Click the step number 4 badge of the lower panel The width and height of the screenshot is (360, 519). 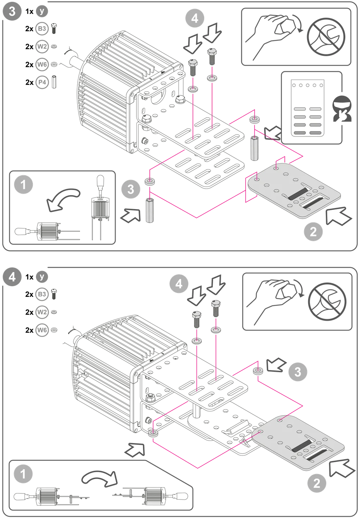(12, 277)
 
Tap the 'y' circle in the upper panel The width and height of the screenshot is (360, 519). (42, 11)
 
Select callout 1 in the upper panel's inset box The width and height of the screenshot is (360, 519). (24, 185)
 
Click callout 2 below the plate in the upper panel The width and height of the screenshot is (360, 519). (313, 231)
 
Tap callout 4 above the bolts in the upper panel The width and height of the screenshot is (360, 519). (194, 18)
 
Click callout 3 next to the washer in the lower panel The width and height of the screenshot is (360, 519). (297, 371)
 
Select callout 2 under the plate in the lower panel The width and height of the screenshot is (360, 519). (316, 482)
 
